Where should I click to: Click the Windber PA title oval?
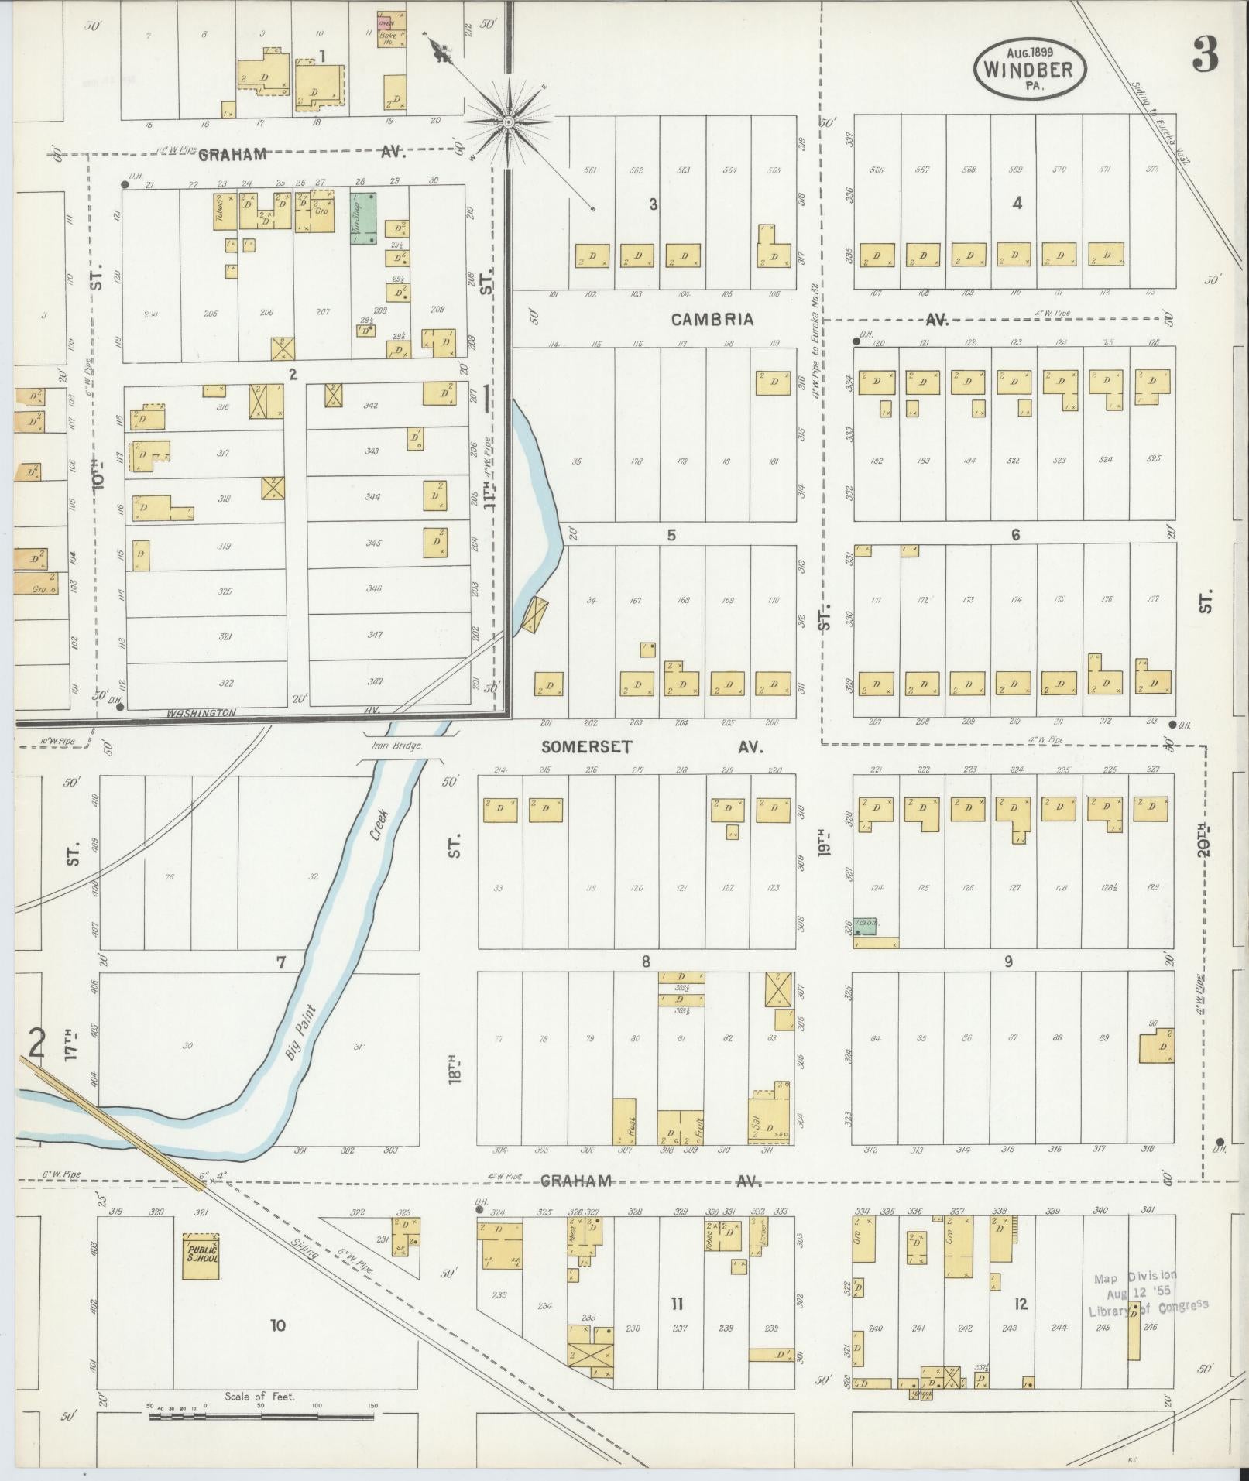click(x=1029, y=67)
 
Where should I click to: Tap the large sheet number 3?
click(x=1206, y=54)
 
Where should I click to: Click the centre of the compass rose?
click(x=509, y=122)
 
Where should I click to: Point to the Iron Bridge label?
click(x=396, y=746)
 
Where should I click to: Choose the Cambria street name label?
click(x=712, y=319)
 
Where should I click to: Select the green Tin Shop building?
click(x=364, y=219)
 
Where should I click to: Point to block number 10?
click(x=277, y=1325)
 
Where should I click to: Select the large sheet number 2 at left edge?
click(x=36, y=1043)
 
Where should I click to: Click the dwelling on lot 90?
click(x=1155, y=1047)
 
